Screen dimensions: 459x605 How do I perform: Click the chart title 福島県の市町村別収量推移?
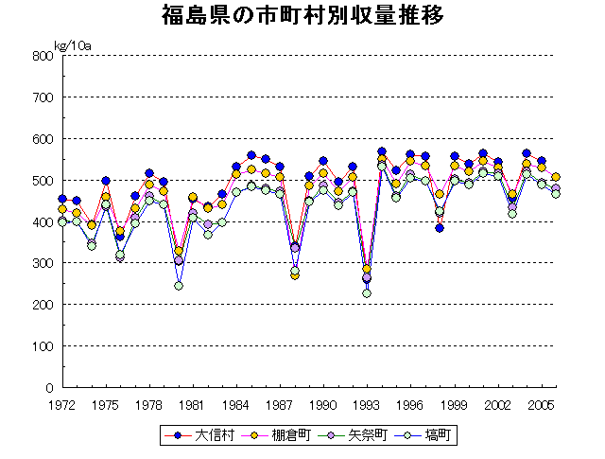pyautogui.click(x=302, y=16)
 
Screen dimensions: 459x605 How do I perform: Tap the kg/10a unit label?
pyautogui.click(x=72, y=44)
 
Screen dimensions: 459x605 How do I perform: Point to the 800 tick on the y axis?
pyautogui.click(x=42, y=56)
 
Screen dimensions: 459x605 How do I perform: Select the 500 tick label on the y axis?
pyautogui.click(x=42, y=180)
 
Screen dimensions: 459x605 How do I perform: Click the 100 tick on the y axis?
pyautogui.click(x=42, y=346)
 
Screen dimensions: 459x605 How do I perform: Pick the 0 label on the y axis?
pyautogui.click(x=47, y=388)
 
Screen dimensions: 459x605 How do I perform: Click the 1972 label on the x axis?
pyautogui.click(x=62, y=404)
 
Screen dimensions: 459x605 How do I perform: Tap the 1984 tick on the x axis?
pyautogui.click(x=236, y=404)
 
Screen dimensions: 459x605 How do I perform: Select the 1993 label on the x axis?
pyautogui.click(x=367, y=404)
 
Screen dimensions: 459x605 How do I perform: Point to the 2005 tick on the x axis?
pyautogui.click(x=542, y=404)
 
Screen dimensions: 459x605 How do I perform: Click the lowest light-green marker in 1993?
pyautogui.click(x=367, y=293)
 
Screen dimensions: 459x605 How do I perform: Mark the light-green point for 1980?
pyautogui.click(x=179, y=286)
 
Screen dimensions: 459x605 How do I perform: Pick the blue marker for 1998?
pyautogui.click(x=440, y=228)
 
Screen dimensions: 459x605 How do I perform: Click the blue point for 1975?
pyautogui.click(x=106, y=181)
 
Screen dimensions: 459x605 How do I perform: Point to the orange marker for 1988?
pyautogui.click(x=295, y=275)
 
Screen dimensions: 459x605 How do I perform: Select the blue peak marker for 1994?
pyautogui.click(x=382, y=152)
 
